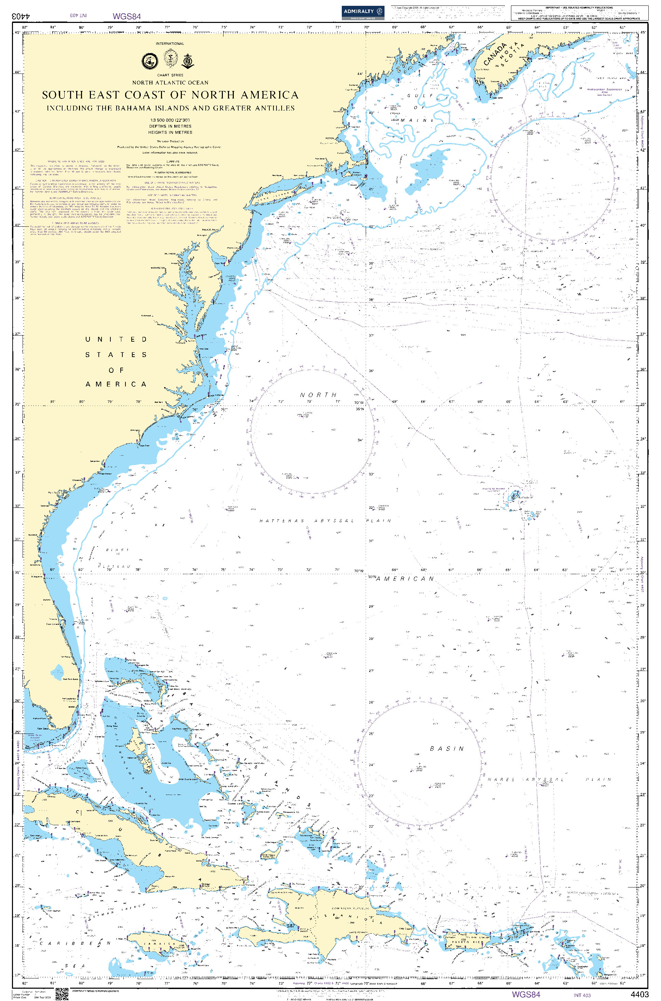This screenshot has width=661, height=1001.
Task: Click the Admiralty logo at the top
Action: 363,12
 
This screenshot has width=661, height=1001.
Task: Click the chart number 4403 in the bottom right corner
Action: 639,994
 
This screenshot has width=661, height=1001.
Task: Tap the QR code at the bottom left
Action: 62,994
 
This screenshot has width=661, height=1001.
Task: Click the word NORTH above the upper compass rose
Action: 318,395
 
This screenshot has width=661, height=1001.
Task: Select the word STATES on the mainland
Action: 116,355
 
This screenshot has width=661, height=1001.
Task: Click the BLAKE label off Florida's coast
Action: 117,550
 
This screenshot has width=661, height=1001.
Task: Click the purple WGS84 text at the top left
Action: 126,16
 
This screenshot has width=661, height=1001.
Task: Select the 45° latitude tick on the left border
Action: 18,32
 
